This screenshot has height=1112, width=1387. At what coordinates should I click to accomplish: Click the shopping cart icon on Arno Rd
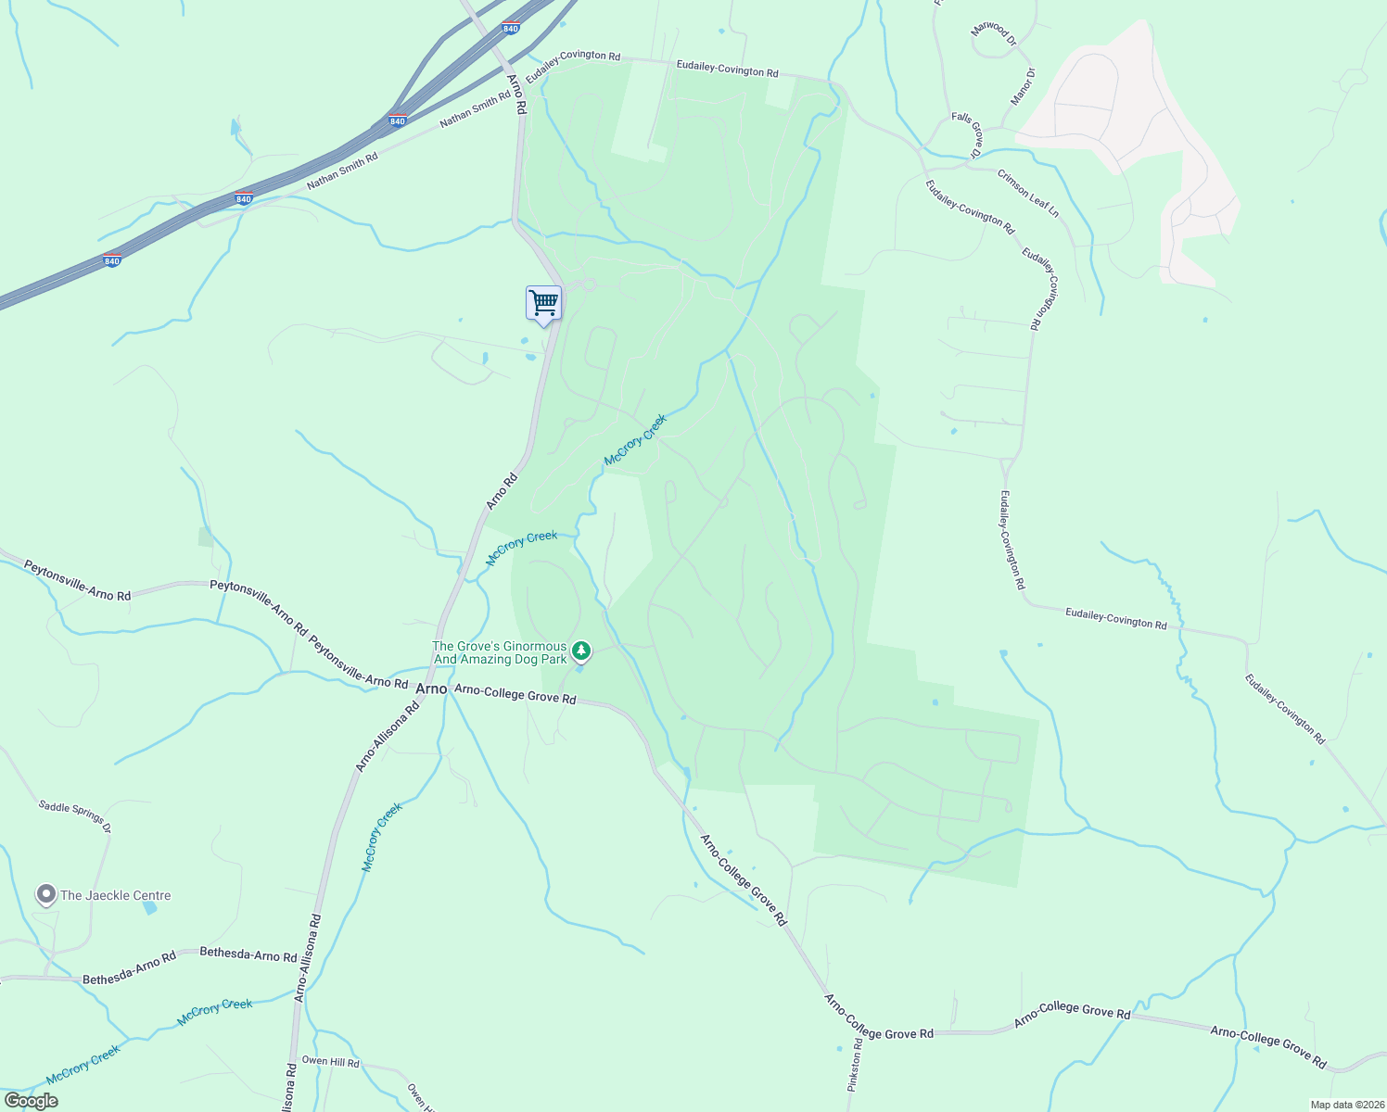click(543, 302)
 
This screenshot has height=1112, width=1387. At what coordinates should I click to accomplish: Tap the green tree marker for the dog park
click(581, 651)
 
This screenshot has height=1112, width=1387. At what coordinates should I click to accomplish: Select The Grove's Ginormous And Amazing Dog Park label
click(500, 653)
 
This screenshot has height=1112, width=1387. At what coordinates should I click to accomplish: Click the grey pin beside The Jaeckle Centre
click(45, 894)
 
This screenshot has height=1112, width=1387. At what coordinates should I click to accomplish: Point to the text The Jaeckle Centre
click(116, 895)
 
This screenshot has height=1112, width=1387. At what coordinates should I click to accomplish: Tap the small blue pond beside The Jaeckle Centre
click(150, 908)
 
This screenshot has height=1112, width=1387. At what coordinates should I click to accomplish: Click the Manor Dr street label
click(1022, 86)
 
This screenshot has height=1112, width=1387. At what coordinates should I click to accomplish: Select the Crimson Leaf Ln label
click(1028, 193)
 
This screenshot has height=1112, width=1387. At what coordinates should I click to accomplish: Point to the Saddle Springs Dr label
click(75, 815)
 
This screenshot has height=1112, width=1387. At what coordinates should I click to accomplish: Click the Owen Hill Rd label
click(330, 1061)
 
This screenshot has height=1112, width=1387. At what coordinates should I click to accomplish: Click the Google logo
click(31, 1101)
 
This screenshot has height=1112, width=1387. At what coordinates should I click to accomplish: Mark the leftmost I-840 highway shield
click(112, 260)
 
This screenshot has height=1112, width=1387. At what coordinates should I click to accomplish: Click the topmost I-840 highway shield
click(511, 29)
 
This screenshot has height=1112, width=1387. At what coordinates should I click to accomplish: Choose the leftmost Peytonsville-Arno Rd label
click(78, 580)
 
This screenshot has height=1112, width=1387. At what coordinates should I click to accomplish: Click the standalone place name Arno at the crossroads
click(431, 689)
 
